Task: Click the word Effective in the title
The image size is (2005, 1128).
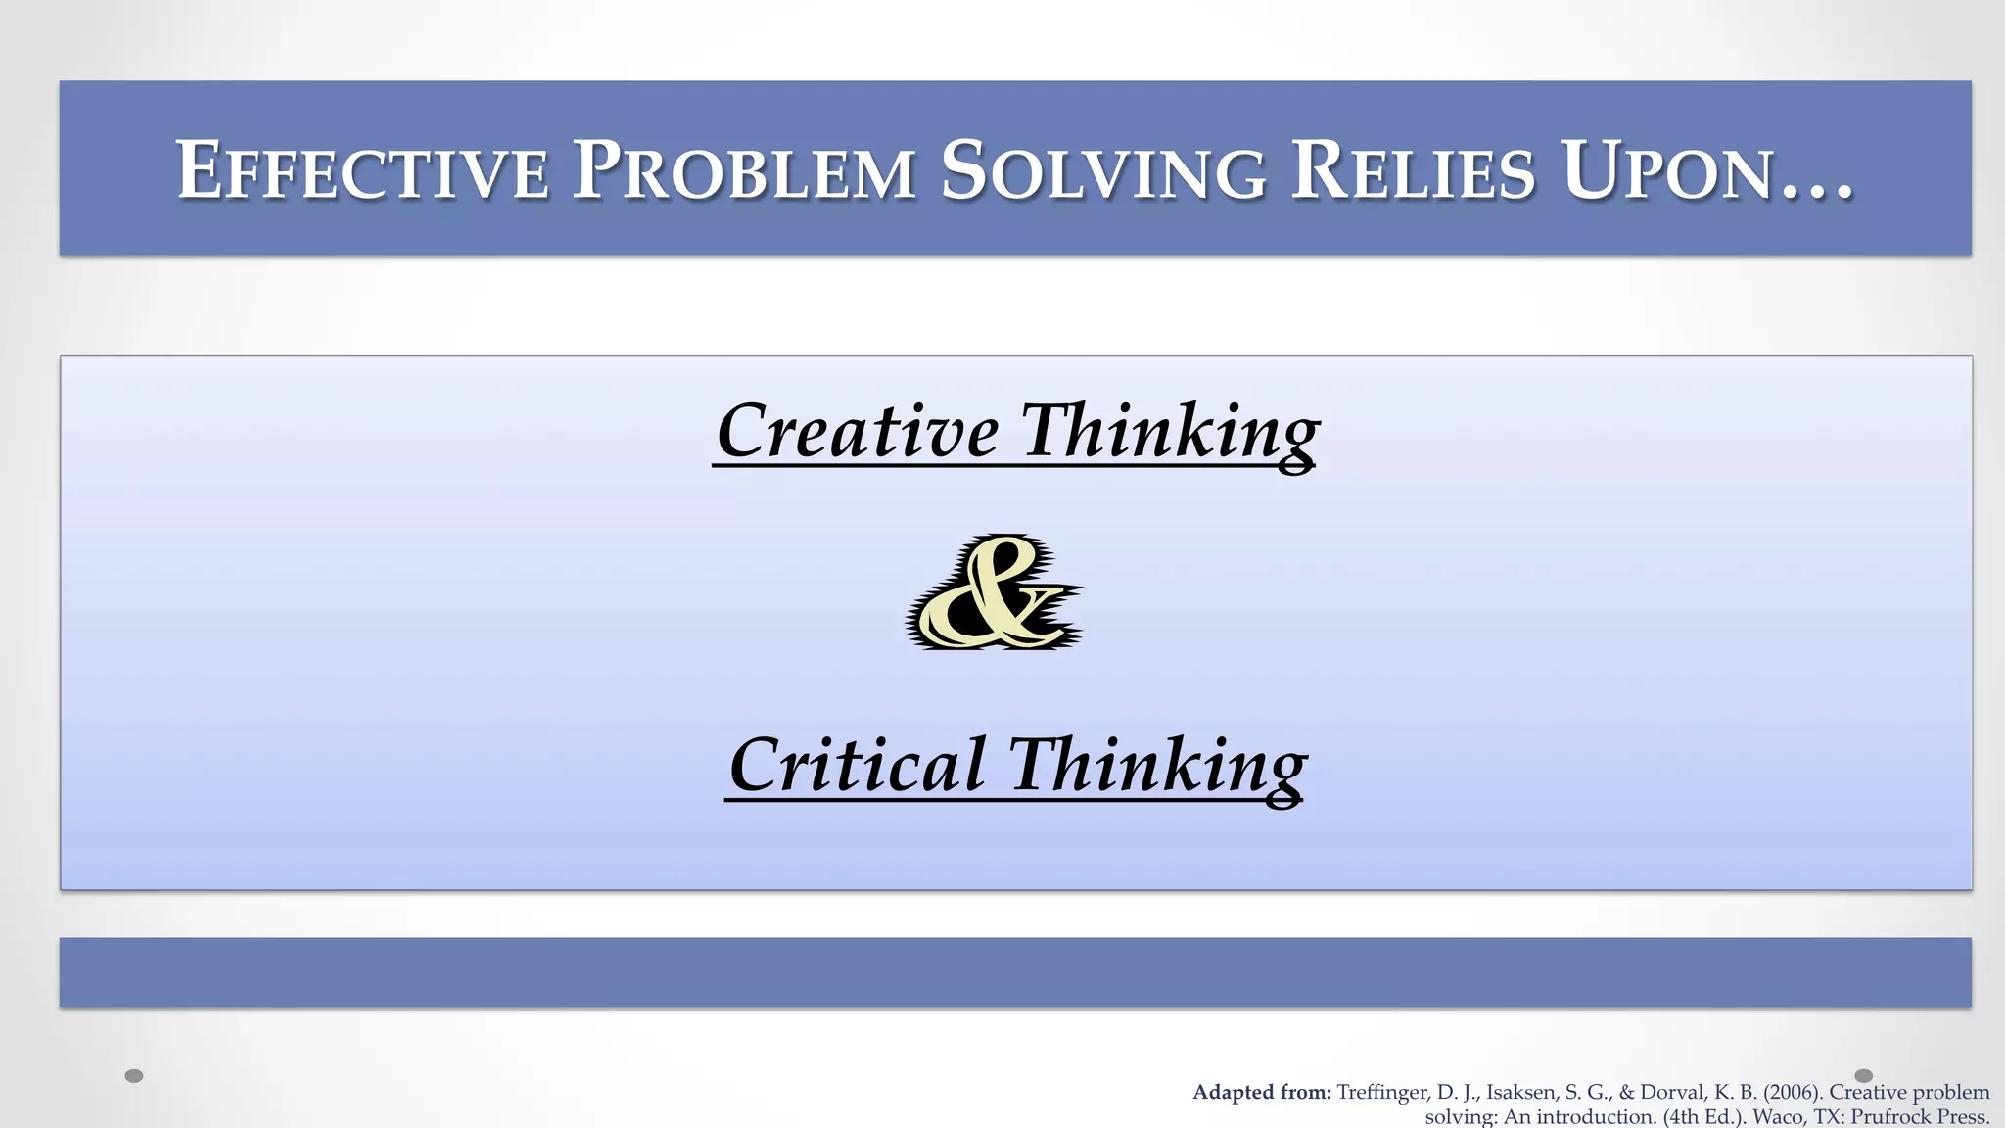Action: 362,171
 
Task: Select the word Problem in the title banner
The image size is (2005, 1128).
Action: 744,171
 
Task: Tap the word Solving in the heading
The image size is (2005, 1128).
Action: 1103,171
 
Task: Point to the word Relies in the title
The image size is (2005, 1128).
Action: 1413,171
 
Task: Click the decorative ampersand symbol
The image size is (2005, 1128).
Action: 993,593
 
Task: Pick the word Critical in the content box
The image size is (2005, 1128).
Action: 858,765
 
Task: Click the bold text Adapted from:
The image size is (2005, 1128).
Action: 1262,1093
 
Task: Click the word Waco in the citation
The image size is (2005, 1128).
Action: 1777,1117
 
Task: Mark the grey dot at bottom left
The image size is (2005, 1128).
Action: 135,1076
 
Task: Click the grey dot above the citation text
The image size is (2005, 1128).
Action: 1864,1076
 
